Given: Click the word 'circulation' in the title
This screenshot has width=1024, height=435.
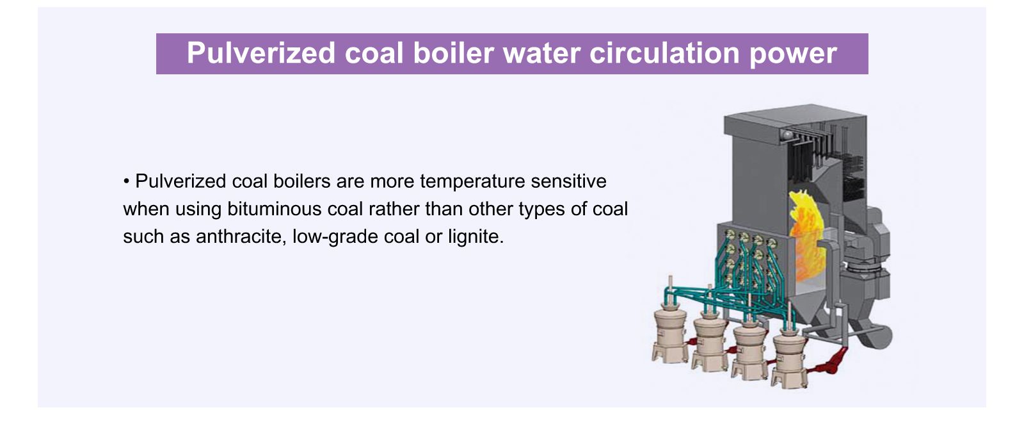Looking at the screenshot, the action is pos(664,53).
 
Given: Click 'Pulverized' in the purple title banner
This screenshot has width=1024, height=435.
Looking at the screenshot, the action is pos(261,53).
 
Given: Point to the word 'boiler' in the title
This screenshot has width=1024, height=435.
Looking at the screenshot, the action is pos(454,53).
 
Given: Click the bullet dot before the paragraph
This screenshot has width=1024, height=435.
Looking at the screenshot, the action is pos(126,181).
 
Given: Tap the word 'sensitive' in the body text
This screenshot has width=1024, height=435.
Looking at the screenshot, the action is pos(569,181).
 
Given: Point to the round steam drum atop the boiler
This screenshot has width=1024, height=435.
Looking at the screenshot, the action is pos(787,135).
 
